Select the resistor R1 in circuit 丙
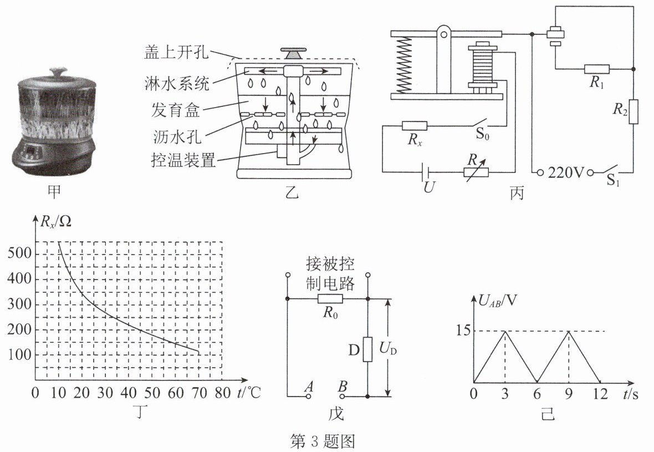coord(597,69)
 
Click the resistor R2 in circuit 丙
coord(634,111)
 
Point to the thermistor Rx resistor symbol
coord(414,126)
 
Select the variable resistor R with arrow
coord(476,171)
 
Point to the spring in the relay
coord(405,63)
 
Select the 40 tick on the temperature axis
coord(129,394)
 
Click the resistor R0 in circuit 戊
coord(330,299)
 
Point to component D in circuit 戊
coord(367,348)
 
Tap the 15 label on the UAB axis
coord(464,331)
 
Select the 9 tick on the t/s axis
coord(569,394)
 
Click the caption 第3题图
coord(323,441)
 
